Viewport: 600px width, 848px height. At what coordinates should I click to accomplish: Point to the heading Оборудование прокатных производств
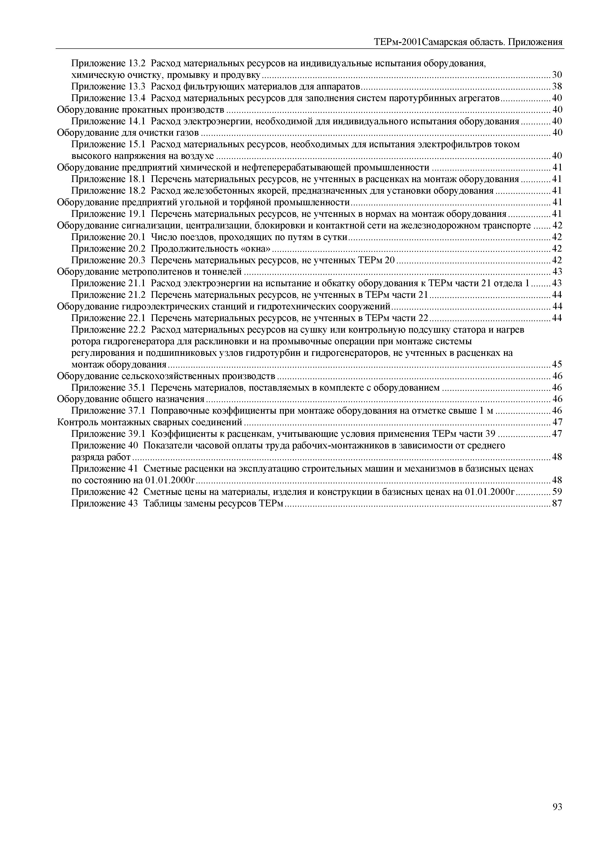coord(141,110)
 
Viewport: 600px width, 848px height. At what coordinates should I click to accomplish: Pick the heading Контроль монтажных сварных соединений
coord(150,422)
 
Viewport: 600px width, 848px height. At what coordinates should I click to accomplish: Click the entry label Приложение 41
coord(104,468)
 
